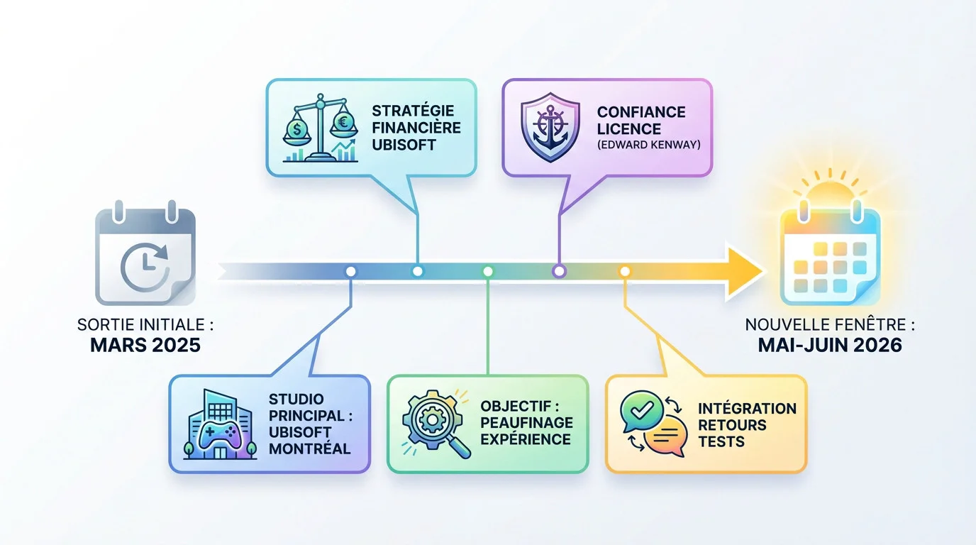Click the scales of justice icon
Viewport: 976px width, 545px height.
tap(321, 128)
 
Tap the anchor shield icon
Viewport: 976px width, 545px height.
tap(550, 127)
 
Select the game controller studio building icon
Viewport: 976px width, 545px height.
tap(220, 424)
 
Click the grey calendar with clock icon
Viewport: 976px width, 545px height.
tap(145, 253)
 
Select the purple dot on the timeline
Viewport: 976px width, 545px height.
tap(559, 271)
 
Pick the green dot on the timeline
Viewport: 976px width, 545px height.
tap(487, 271)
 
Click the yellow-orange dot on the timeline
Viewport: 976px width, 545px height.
tap(625, 271)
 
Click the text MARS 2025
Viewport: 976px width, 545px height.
tap(145, 346)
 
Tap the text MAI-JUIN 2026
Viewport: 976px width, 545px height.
tap(830, 346)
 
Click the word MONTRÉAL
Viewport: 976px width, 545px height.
tap(309, 448)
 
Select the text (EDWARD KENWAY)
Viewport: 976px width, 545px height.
tap(649, 145)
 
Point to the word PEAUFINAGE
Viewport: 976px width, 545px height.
tap(527, 422)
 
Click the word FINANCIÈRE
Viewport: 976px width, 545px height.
tap(416, 127)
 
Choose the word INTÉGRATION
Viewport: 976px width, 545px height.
tap(748, 408)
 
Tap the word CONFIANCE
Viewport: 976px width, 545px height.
tap(641, 112)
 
